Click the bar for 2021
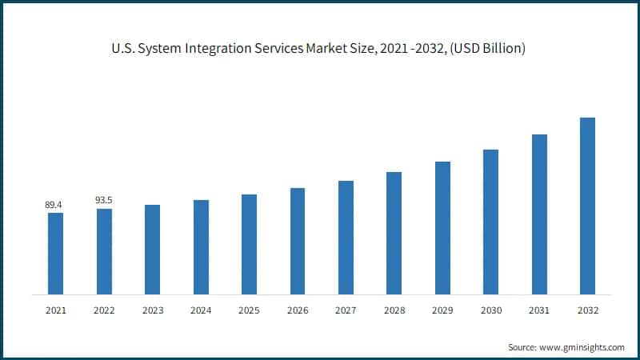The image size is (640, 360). (55, 253)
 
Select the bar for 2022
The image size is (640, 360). (104, 251)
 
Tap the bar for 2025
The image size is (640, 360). (249, 244)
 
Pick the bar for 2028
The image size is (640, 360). (394, 233)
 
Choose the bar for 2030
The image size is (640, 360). (490, 222)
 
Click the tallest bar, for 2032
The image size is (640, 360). (587, 206)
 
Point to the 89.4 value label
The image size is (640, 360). (54, 205)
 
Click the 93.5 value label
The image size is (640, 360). (103, 200)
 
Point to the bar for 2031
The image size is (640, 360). (539, 214)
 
